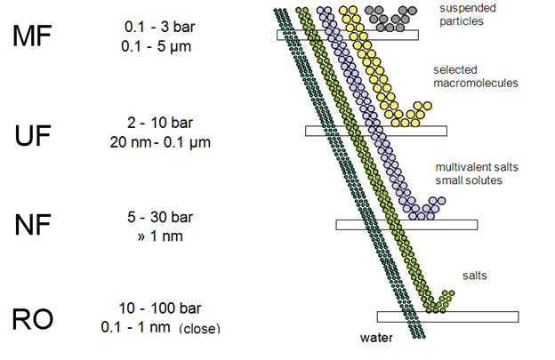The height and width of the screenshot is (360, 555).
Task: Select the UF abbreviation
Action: (x=33, y=137)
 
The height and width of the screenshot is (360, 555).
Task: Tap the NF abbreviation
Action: (x=33, y=226)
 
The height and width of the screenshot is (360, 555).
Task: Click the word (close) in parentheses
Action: (x=199, y=328)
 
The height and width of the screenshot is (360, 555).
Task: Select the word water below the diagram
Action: (x=376, y=338)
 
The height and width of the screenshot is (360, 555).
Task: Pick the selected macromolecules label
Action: (x=476, y=76)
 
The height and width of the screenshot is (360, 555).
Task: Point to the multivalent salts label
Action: (x=471, y=166)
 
